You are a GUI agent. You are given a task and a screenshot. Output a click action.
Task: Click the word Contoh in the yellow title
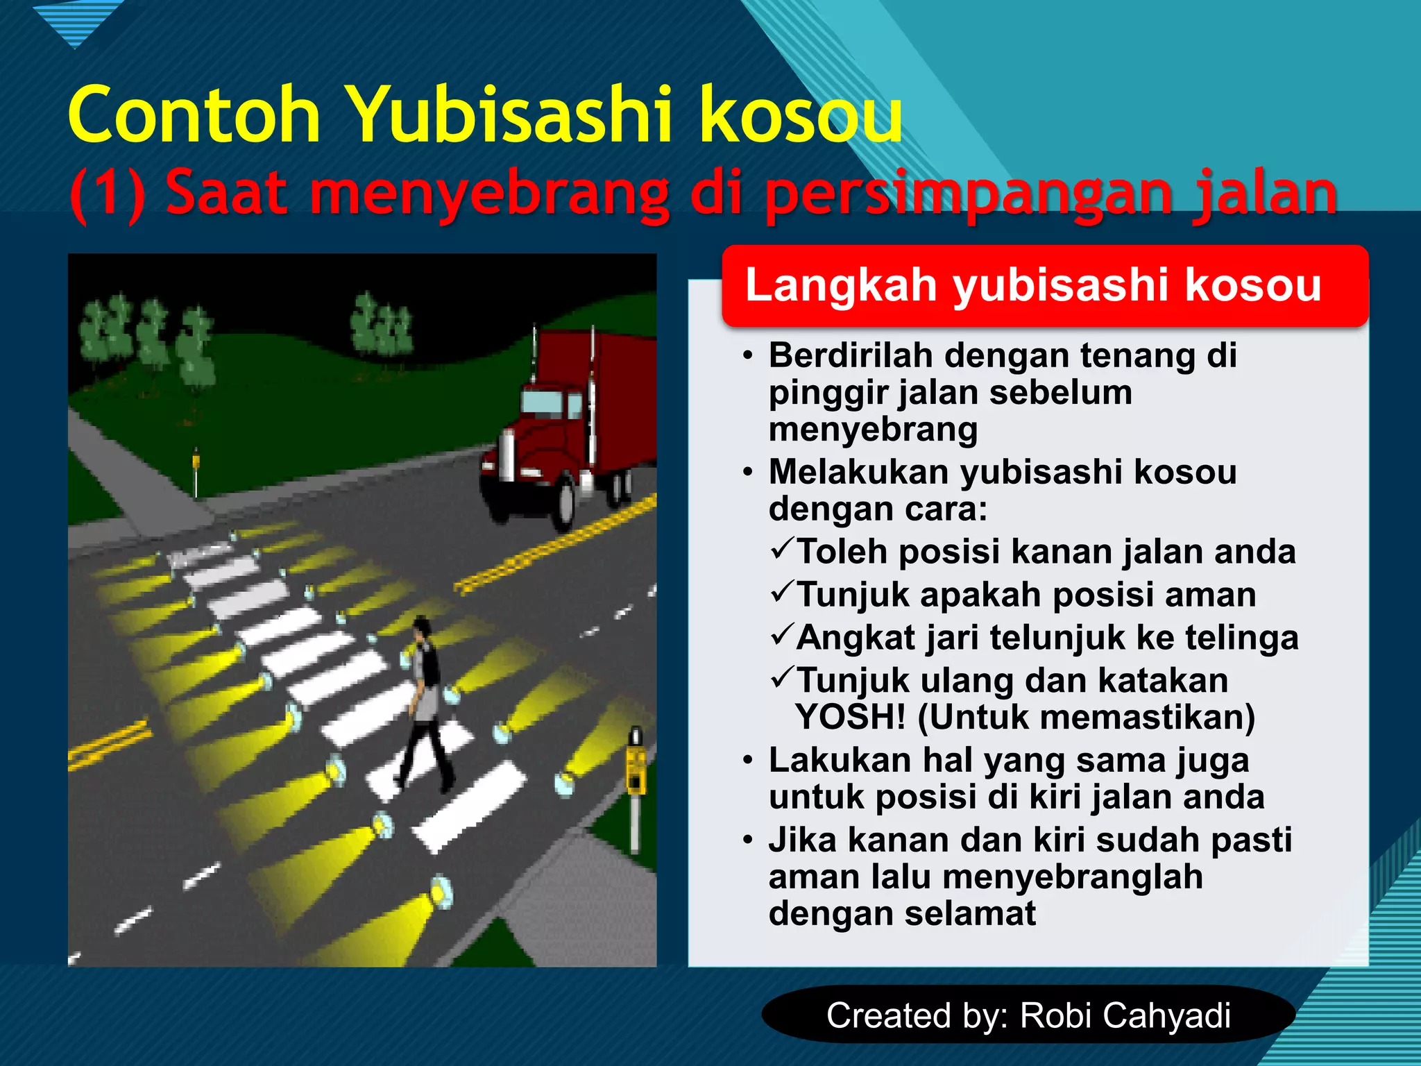[194, 115]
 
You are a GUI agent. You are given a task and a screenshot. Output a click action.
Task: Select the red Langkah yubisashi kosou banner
[1044, 285]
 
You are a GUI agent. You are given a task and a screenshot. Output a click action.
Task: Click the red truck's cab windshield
[541, 403]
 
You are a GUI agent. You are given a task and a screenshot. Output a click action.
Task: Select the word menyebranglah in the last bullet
[1072, 877]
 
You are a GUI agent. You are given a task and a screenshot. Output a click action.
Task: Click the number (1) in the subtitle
[108, 194]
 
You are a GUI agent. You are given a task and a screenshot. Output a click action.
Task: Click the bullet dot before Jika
[747, 840]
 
